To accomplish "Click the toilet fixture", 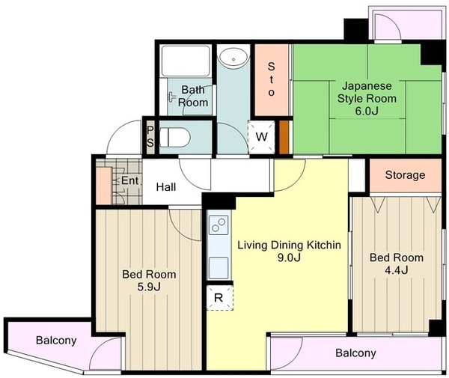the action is click(x=174, y=137).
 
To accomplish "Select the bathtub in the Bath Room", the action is click(x=186, y=61).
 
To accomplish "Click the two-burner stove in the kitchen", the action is click(x=219, y=225).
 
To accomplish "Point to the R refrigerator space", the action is click(x=219, y=297).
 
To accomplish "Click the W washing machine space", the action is click(x=261, y=136).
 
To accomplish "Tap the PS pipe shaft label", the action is click(x=150, y=136).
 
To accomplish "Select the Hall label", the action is click(x=166, y=187).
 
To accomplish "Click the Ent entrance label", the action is click(x=129, y=180).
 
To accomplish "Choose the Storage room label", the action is click(x=405, y=174).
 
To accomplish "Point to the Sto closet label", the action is click(x=271, y=79).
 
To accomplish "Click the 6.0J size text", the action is click(x=367, y=111).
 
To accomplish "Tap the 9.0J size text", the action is click(x=289, y=257).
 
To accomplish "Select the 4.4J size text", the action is click(x=397, y=270).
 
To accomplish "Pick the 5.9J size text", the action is click(x=149, y=287).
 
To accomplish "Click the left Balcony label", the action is click(x=56, y=340).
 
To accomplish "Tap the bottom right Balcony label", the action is click(x=355, y=353).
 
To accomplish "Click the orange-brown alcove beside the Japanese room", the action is click(x=284, y=137).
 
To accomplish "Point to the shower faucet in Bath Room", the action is click(x=171, y=97).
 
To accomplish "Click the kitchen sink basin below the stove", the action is click(x=219, y=268).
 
